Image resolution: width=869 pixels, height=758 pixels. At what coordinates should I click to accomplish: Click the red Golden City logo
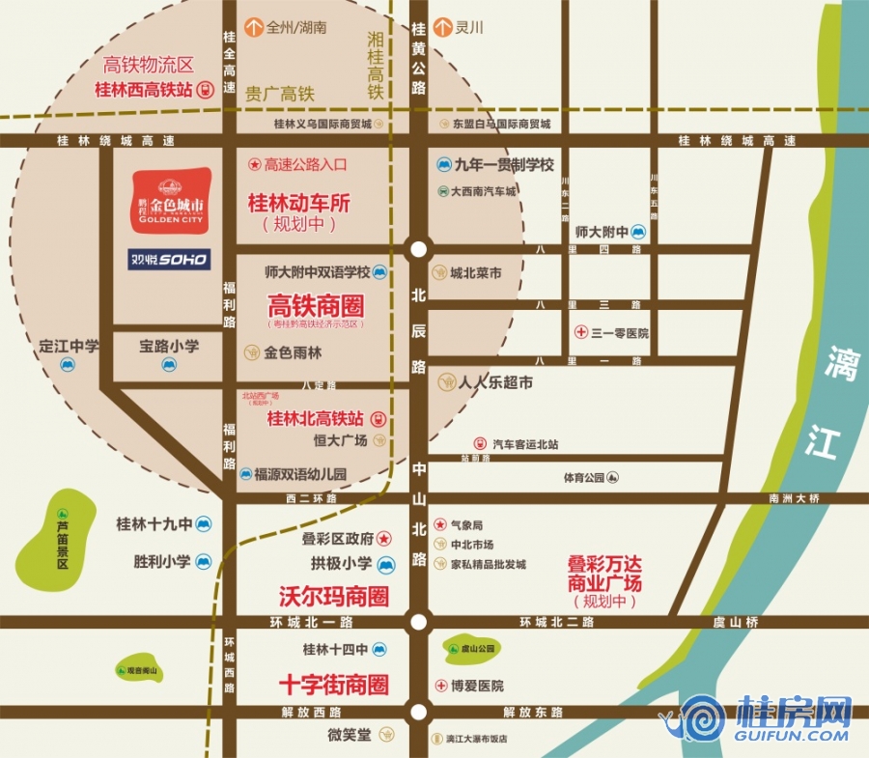[x=171, y=201]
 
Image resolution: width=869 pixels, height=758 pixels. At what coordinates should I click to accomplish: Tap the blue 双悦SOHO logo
[x=169, y=259]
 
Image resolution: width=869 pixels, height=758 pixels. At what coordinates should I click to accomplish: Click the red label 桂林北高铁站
[x=315, y=419]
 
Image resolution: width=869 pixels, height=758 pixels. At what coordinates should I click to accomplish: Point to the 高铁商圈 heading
[x=316, y=307]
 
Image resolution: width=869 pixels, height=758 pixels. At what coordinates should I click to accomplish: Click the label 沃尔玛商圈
[x=333, y=596]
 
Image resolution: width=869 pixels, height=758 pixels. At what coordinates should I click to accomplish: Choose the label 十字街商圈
[x=333, y=685]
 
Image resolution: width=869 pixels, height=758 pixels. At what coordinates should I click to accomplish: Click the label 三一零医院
[x=620, y=333]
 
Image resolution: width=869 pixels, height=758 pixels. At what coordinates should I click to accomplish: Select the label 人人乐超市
[x=496, y=382]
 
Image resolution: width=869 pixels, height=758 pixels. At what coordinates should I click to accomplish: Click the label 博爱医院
[x=477, y=686]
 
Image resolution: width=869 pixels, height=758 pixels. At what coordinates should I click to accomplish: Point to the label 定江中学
[x=70, y=346]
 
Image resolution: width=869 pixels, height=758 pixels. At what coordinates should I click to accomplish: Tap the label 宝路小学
[x=169, y=346]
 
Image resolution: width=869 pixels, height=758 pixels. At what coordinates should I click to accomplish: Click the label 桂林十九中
[x=154, y=523]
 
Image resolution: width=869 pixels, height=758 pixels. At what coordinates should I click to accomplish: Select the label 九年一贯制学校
[x=504, y=165]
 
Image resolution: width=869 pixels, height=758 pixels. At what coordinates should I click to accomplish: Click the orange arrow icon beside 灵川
[x=442, y=27]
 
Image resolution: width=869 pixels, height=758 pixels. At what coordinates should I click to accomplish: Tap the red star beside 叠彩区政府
[x=384, y=538]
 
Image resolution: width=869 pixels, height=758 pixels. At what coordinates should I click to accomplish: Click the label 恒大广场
[x=341, y=440]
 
